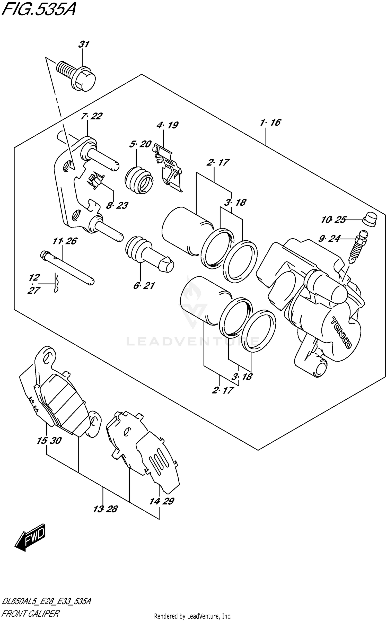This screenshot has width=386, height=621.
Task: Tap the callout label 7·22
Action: (x=91, y=116)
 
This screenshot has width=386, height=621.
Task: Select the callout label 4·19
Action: (x=167, y=125)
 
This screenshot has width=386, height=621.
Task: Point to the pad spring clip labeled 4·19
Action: (x=169, y=167)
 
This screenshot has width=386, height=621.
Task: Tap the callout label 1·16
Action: (x=270, y=123)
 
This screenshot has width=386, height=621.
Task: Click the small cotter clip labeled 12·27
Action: (x=56, y=283)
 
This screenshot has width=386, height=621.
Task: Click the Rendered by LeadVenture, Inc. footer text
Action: (x=193, y=616)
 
